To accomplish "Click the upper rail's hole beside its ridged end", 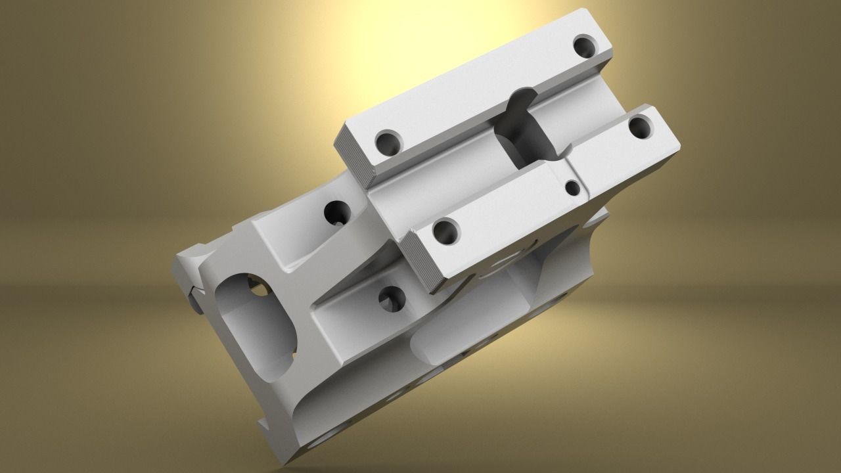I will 388,141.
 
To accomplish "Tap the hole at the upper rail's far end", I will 584,46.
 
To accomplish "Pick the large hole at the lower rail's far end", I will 640,126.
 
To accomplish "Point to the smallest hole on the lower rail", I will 573,189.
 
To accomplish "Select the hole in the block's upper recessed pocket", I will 338,212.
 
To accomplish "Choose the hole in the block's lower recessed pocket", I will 393,300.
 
